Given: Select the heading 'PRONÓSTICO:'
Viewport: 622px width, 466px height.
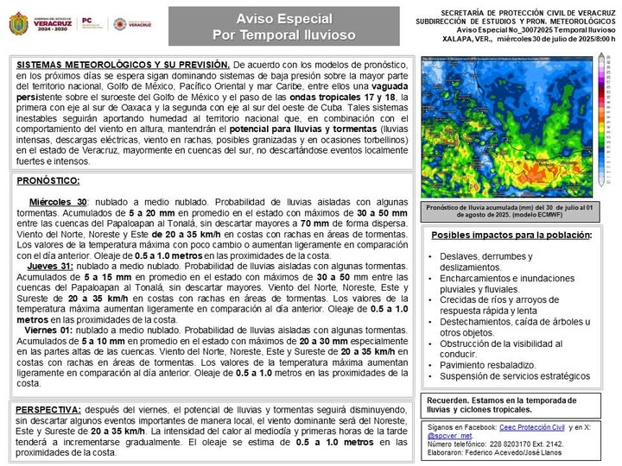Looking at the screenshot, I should (x=48, y=181).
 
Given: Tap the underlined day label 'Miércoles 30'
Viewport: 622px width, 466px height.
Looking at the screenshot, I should (x=59, y=201).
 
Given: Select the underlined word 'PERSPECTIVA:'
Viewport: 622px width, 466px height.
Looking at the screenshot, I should (x=49, y=410).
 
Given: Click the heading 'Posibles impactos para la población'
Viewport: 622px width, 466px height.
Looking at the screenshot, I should (x=511, y=236).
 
